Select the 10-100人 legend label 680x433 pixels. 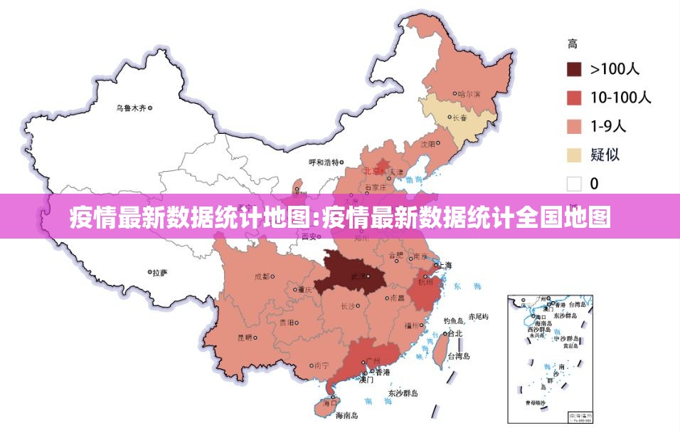(620, 98)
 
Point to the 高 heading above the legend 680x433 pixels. (572, 44)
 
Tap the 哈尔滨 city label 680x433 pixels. (469, 94)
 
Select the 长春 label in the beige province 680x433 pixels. (460, 118)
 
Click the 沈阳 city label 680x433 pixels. (427, 144)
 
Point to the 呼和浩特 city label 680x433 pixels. (323, 162)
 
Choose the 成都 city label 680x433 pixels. (262, 276)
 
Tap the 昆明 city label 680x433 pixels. (244, 338)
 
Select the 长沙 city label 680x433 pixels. (348, 307)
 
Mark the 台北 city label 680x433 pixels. (455, 333)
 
